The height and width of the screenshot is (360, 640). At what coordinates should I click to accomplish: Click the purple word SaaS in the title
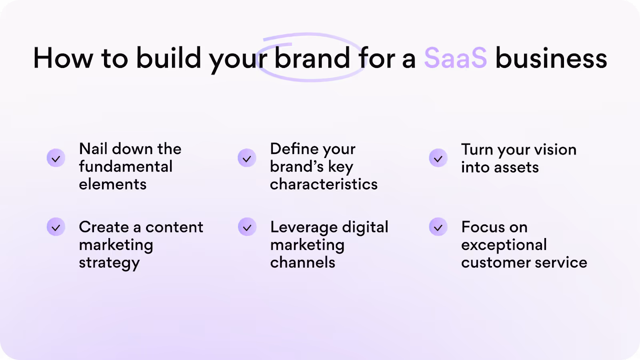tap(456, 58)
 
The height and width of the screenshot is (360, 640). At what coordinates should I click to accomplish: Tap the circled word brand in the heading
tap(312, 58)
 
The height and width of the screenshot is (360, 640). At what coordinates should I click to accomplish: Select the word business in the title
tap(551, 58)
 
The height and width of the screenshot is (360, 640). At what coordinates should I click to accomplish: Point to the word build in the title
tap(168, 58)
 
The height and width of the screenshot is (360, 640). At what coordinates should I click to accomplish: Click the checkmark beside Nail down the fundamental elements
tap(56, 158)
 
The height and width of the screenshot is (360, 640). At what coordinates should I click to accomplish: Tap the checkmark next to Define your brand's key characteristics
tap(247, 158)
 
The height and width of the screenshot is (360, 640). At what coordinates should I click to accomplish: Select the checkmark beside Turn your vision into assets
tap(438, 158)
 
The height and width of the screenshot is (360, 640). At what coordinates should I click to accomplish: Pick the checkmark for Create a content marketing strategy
tap(56, 227)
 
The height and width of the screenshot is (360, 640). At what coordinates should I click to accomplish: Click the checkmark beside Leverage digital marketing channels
tap(247, 227)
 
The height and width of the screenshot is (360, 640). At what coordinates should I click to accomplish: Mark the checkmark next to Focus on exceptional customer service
tap(438, 227)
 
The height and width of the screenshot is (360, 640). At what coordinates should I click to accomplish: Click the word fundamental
tap(126, 166)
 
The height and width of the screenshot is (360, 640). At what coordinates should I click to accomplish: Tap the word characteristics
tap(324, 184)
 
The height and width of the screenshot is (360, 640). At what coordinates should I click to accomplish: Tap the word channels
tap(302, 262)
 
